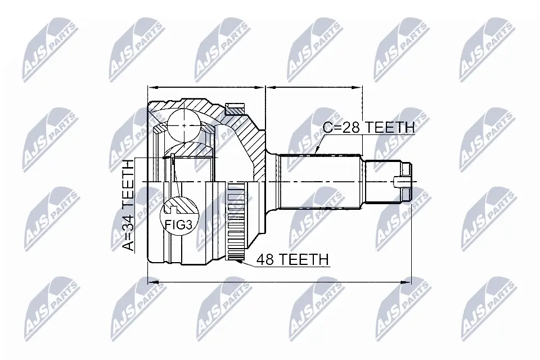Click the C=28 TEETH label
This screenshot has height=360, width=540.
click(368, 128)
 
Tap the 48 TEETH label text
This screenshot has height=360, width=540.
click(292, 259)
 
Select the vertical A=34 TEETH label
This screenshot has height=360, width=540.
click(129, 205)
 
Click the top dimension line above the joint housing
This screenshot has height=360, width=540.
click(205, 87)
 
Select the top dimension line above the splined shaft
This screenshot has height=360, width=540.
click(313, 87)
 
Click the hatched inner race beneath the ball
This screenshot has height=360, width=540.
click(191, 151)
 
